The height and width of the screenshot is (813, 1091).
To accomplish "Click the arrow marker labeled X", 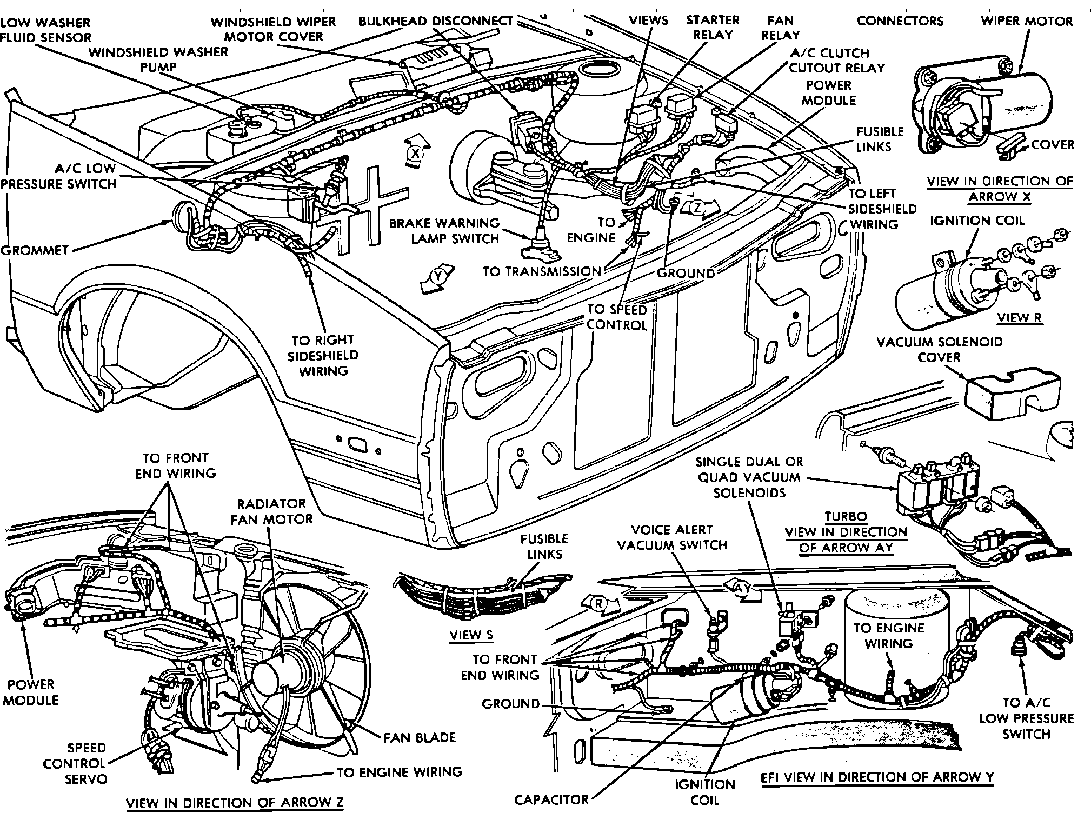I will click(416, 154).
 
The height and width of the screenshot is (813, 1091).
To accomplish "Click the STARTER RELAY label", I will click(713, 28).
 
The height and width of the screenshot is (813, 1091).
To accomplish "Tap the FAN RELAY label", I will click(780, 28).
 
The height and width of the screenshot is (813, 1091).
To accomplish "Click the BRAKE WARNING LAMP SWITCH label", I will click(444, 231).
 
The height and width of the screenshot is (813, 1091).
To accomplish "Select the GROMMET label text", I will click(35, 250).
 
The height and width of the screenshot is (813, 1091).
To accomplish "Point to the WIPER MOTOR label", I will click(1027, 21).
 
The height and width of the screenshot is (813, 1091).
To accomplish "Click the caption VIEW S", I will click(471, 635).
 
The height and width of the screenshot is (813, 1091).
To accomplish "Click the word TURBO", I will click(846, 516).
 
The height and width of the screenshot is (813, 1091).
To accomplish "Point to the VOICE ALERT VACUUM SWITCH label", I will click(672, 537).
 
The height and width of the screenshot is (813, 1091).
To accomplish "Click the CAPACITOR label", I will click(551, 799).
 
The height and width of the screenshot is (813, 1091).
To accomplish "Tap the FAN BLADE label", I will click(420, 737).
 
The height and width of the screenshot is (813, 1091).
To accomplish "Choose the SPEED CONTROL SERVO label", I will click(86, 763).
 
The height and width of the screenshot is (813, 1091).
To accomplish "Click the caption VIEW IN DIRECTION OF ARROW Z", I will click(235, 803).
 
